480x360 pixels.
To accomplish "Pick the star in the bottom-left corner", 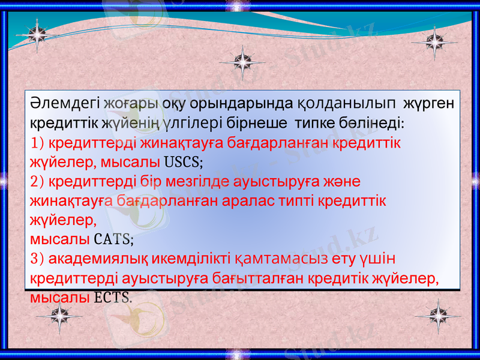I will click(59, 314).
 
